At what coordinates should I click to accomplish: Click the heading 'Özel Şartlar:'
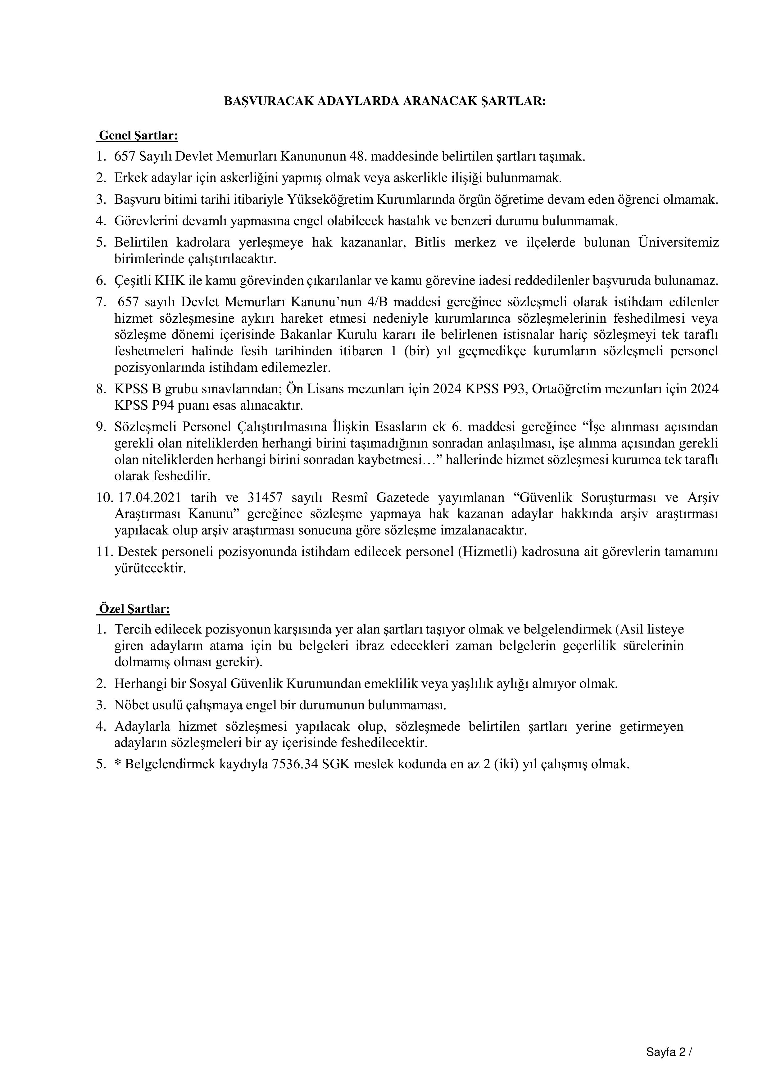tap(134, 609)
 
